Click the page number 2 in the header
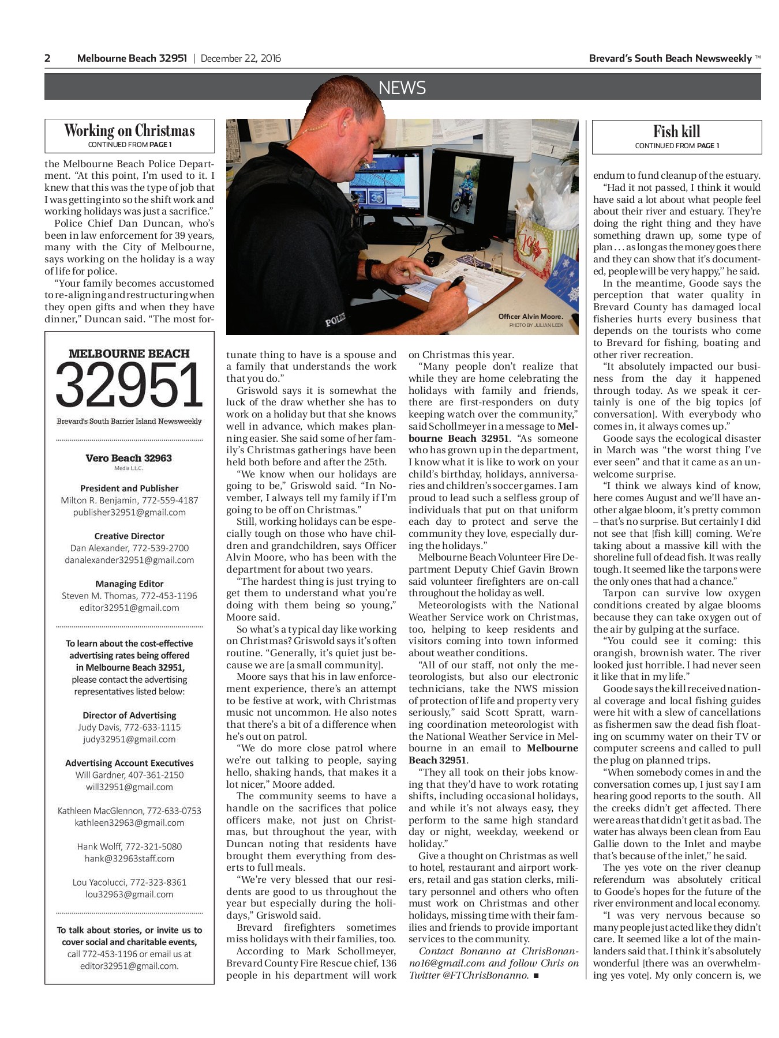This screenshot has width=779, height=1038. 48,58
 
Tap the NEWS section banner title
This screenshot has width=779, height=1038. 402,88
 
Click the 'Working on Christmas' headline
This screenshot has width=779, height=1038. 129,130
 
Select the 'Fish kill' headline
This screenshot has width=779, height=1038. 676,131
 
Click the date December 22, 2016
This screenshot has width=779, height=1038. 241,58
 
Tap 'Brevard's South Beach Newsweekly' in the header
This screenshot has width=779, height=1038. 670,58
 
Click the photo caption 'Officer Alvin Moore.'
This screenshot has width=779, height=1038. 530,317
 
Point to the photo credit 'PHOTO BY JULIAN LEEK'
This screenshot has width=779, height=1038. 535,325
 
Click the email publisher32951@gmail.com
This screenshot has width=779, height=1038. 129,512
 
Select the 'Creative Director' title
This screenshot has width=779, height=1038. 129,536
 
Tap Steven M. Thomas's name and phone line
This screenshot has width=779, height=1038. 129,596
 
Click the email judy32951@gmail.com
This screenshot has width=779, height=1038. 129,739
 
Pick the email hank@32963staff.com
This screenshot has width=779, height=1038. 129,859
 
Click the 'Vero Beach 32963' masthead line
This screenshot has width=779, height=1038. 129,458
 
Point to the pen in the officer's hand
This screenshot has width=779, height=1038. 456,282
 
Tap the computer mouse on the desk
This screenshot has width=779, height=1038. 433,258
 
